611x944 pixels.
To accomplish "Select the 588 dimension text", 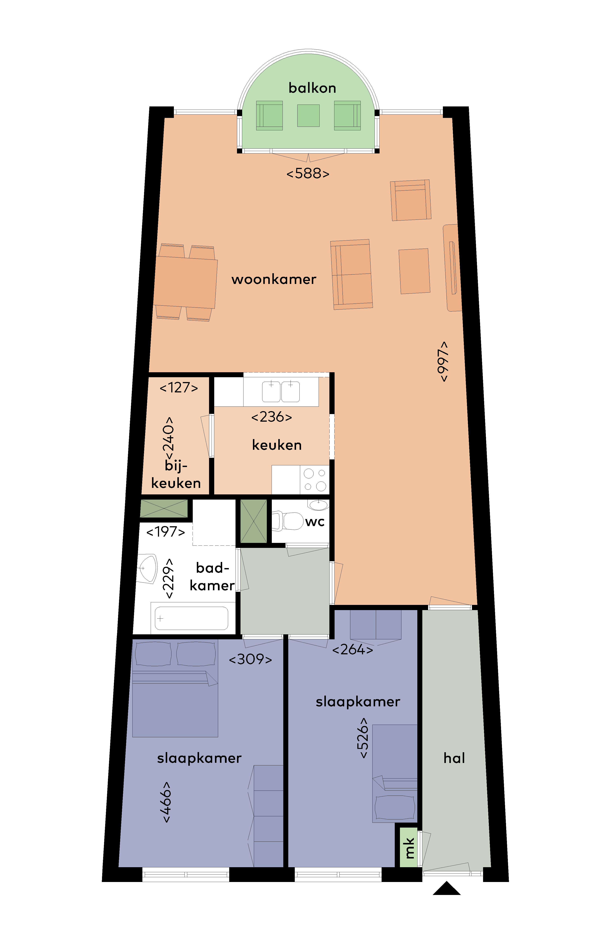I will [308, 173].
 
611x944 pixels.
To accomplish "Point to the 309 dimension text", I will [250, 659].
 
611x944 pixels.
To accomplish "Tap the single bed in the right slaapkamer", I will [395, 774].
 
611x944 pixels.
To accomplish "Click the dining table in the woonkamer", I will [185, 282].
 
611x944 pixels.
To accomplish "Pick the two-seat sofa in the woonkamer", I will [352, 275].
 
